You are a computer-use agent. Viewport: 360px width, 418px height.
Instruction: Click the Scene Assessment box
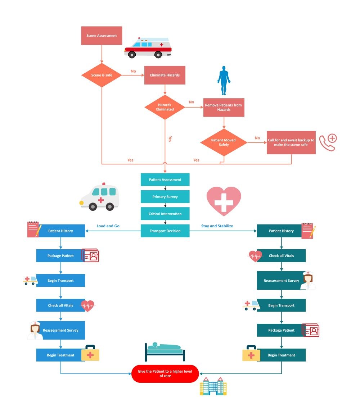pyautogui.click(x=102, y=36)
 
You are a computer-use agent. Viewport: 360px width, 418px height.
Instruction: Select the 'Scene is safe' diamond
pyautogui.click(x=102, y=75)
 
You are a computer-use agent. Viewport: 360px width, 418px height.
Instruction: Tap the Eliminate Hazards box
pyautogui.click(x=165, y=75)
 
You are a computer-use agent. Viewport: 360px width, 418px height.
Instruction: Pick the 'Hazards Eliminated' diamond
pyautogui.click(x=165, y=107)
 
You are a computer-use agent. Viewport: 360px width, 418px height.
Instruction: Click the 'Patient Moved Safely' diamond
pyautogui.click(x=224, y=142)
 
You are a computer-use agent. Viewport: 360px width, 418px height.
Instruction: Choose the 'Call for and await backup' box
pyautogui.click(x=291, y=142)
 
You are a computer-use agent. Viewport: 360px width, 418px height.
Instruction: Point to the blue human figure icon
pyautogui.click(x=224, y=80)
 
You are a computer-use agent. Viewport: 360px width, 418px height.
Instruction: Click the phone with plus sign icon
pyautogui.click(x=327, y=142)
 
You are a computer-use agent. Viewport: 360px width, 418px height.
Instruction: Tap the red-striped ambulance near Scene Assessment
pyautogui.click(x=148, y=48)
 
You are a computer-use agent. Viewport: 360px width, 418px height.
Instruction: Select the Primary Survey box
pyautogui.click(x=165, y=197)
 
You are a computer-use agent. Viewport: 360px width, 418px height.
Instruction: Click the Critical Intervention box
pyautogui.click(x=165, y=214)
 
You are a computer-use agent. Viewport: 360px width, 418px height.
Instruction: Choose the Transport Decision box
pyautogui.click(x=165, y=231)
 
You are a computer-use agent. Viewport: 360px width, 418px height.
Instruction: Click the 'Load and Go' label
pyautogui.click(x=108, y=226)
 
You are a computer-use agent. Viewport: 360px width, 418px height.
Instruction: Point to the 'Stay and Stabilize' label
pyautogui.click(x=217, y=226)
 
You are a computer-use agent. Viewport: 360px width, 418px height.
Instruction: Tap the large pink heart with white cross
pyautogui.click(x=224, y=201)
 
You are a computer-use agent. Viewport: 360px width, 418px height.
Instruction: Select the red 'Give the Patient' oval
pyautogui.click(x=165, y=373)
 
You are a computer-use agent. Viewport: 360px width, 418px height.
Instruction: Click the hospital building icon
pyautogui.click(x=213, y=386)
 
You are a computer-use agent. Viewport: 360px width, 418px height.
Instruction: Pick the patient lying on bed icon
pyautogui.click(x=165, y=351)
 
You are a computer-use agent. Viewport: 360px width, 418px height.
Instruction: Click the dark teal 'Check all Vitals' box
pyautogui.click(x=281, y=256)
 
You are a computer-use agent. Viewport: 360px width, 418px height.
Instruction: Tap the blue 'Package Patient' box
pyautogui.click(x=60, y=256)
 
